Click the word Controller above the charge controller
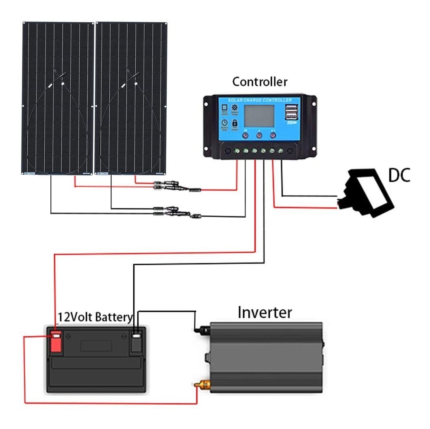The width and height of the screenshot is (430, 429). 260,82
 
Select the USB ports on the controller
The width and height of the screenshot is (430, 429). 291,113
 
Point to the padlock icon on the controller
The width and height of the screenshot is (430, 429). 235,123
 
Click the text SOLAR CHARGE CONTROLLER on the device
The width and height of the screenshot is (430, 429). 260,100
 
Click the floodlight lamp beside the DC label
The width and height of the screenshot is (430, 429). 367,191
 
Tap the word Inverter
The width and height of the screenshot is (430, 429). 265,313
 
